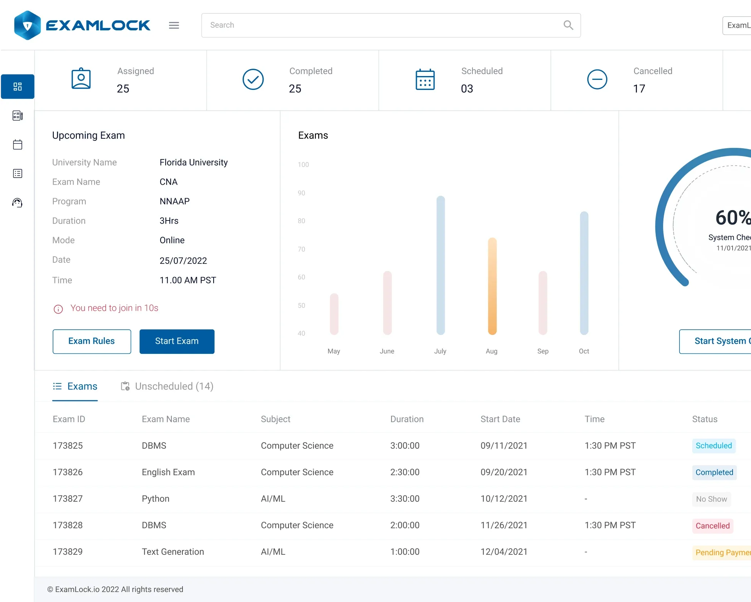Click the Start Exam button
pyautogui.click(x=177, y=341)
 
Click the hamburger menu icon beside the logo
pyautogui.click(x=174, y=25)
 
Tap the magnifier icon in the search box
pyautogui.click(x=568, y=25)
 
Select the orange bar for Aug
pyautogui.click(x=492, y=286)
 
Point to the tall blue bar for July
pyautogui.click(x=441, y=265)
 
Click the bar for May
pyautogui.click(x=334, y=314)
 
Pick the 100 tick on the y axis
pyautogui.click(x=303, y=164)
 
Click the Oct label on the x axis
pyautogui.click(x=584, y=351)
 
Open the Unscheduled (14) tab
pyautogui.click(x=167, y=386)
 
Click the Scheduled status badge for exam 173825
pyautogui.click(x=714, y=446)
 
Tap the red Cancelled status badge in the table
pyautogui.click(x=713, y=526)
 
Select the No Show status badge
pyautogui.click(x=711, y=499)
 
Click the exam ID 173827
pyautogui.click(x=68, y=499)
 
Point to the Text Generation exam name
pyautogui.click(x=173, y=552)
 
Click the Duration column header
pyautogui.click(x=407, y=419)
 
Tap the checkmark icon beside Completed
pyautogui.click(x=253, y=80)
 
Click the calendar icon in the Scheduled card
pyautogui.click(x=425, y=80)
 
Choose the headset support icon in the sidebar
pyautogui.click(x=17, y=202)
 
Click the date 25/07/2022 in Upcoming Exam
pyautogui.click(x=183, y=261)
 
